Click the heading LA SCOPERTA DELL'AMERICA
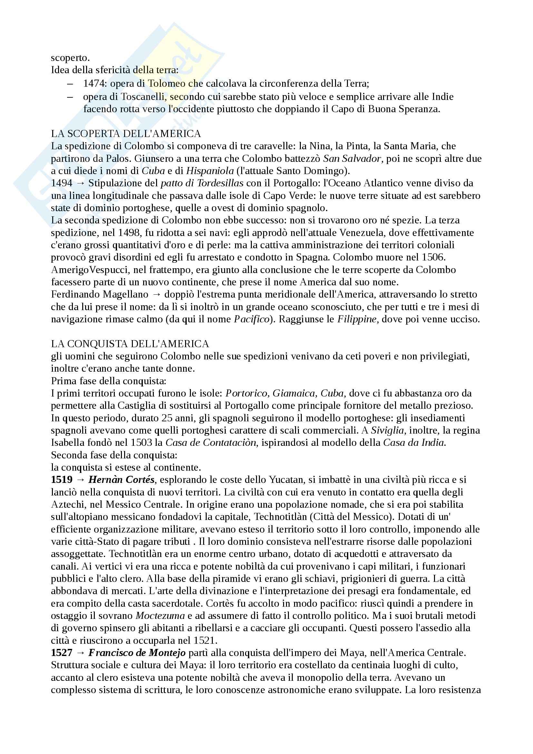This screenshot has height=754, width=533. point(126,134)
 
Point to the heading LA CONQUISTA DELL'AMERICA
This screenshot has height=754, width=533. point(130,344)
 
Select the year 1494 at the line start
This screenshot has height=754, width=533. point(61,183)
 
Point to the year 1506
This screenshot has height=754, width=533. point(433,257)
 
